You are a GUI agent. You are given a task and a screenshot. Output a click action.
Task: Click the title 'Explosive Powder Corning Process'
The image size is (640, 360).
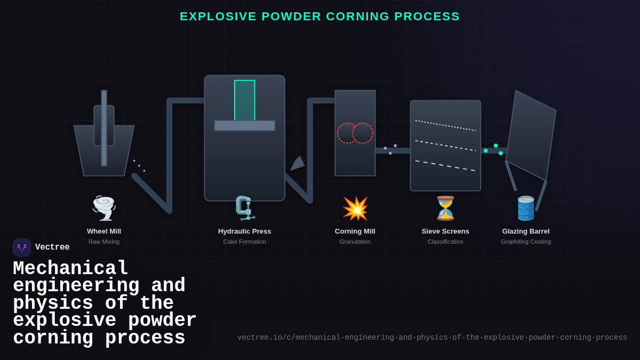pyautogui.click(x=319, y=17)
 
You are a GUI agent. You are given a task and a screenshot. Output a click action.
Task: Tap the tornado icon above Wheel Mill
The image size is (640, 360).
pyautogui.click(x=104, y=208)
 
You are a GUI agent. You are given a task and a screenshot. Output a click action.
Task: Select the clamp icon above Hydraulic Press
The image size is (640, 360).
pyautogui.click(x=245, y=208)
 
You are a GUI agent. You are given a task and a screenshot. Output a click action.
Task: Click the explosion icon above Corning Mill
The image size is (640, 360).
pyautogui.click(x=355, y=208)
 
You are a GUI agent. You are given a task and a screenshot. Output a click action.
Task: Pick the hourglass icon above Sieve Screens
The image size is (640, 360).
pyautogui.click(x=445, y=208)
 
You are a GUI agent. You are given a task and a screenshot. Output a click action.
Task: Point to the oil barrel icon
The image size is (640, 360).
pyautogui.click(x=526, y=208)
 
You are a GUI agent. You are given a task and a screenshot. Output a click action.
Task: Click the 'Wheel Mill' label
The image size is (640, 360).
pyautogui.click(x=104, y=231)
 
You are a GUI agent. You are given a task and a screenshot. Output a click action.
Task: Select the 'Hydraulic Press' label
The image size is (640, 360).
pyautogui.click(x=245, y=231)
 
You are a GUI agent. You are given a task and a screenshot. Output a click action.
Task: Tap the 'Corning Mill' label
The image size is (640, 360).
pyautogui.click(x=355, y=231)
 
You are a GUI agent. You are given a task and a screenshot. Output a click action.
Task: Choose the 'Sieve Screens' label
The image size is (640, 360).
pyautogui.click(x=445, y=231)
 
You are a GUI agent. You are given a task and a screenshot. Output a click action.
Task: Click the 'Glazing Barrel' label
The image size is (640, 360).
pyautogui.click(x=526, y=231)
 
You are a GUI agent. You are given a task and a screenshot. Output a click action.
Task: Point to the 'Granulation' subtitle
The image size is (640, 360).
pyautogui.click(x=355, y=242)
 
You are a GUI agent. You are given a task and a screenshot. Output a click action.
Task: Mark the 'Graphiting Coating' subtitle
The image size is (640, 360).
pyautogui.click(x=526, y=242)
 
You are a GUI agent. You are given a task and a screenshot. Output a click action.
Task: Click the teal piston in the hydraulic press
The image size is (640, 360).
pyautogui.click(x=245, y=100)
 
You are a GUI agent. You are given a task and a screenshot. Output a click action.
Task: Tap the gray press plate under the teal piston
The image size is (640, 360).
pyautogui.click(x=245, y=125)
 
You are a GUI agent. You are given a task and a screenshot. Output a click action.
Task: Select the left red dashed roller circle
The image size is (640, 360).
pyautogui.click(x=347, y=133)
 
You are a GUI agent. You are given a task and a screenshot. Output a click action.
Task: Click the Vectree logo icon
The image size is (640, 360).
pyautogui.click(x=22, y=247)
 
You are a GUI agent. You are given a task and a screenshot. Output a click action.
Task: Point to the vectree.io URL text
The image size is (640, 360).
pyautogui.click(x=432, y=338)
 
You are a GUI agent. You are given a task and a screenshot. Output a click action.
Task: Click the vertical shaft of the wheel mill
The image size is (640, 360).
pyautogui.click(x=104, y=128)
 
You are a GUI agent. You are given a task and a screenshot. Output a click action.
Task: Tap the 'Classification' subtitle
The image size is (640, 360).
pyautogui.click(x=445, y=242)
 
